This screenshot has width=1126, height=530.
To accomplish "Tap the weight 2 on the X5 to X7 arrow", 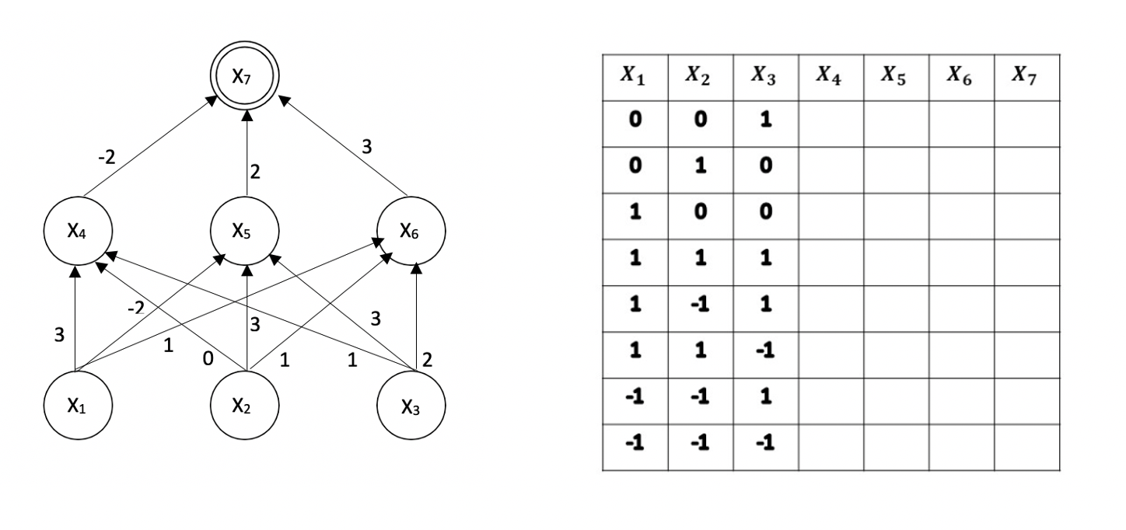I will (254, 173).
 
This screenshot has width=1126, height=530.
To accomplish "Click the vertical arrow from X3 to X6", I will (417, 319).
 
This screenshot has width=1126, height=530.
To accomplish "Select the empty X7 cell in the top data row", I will (1026, 122).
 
